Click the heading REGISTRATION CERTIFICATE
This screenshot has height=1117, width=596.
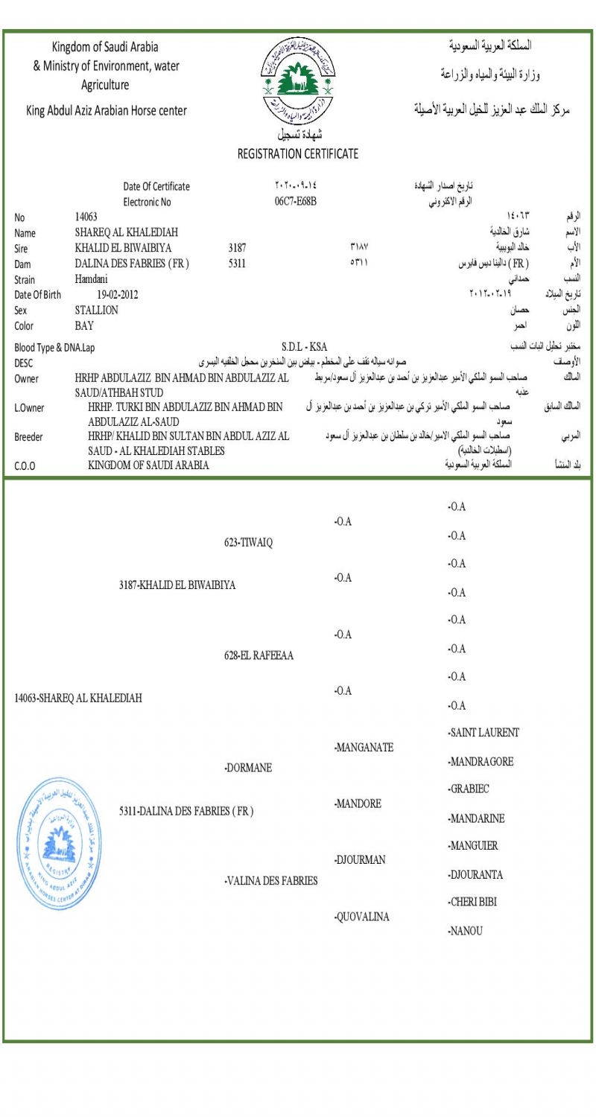pyautogui.click(x=297, y=154)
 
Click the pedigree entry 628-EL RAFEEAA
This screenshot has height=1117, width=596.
pyautogui.click(x=259, y=655)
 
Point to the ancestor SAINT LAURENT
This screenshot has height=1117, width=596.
pyautogui.click(x=484, y=733)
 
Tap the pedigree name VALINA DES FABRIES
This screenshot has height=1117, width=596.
pyautogui.click(x=271, y=882)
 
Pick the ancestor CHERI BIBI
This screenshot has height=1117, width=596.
pyautogui.click(x=473, y=903)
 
